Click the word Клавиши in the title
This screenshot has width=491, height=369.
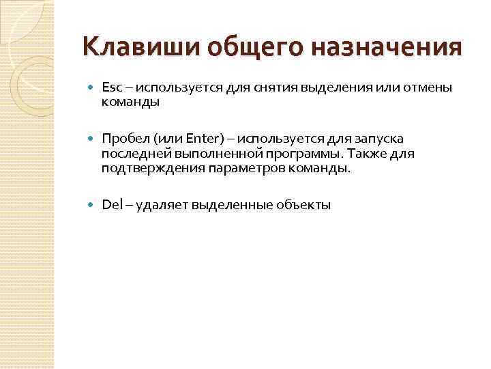tap(128, 49)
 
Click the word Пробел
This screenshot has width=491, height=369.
tap(122, 139)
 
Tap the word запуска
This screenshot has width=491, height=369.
tap(374, 139)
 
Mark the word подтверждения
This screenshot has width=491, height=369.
tap(143, 168)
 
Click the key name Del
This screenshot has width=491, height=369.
tap(110, 204)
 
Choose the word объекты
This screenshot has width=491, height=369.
tap(304, 204)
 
